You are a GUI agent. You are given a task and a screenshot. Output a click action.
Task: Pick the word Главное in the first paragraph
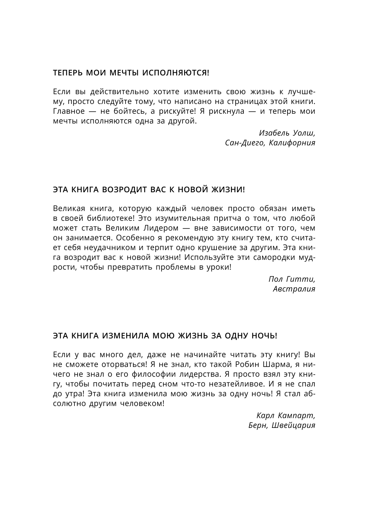tap(69, 111)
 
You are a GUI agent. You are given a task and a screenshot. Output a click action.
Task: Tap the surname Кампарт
tap(297, 415)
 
